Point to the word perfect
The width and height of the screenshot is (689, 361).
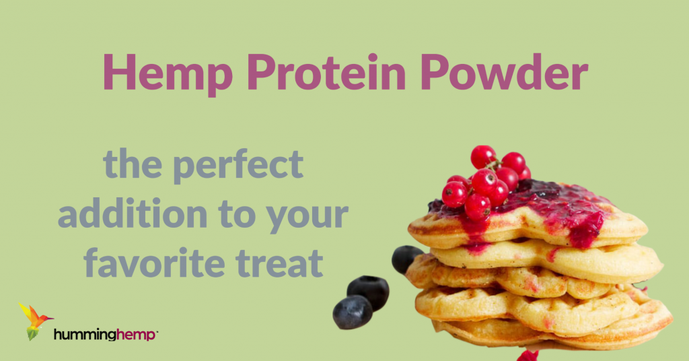tap(238, 165)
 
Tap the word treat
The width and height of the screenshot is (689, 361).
tap(279, 263)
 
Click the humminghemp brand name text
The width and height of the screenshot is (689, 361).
tap(105, 335)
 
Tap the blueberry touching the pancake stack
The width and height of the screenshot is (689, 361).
tap(406, 259)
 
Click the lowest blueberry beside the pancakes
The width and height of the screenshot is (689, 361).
tap(353, 313)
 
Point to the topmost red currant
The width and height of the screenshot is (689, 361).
tap(483, 157)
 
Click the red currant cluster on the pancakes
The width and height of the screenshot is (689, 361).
tap(486, 183)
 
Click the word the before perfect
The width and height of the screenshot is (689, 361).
tap(133, 164)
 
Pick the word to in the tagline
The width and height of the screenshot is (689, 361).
tap(238, 214)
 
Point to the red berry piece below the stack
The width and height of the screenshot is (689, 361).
tap(528, 356)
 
